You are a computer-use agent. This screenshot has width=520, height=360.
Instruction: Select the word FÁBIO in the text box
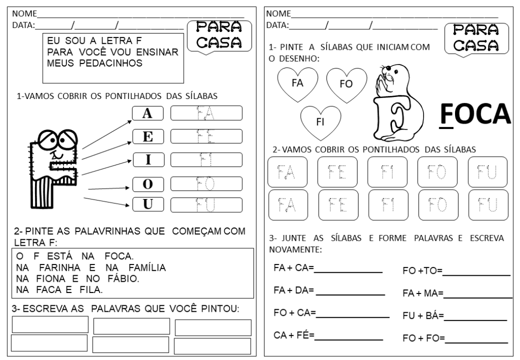[121, 278]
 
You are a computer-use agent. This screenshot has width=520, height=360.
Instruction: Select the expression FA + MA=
[424, 293]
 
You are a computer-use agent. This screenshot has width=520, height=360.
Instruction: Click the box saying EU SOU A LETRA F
[112, 57]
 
